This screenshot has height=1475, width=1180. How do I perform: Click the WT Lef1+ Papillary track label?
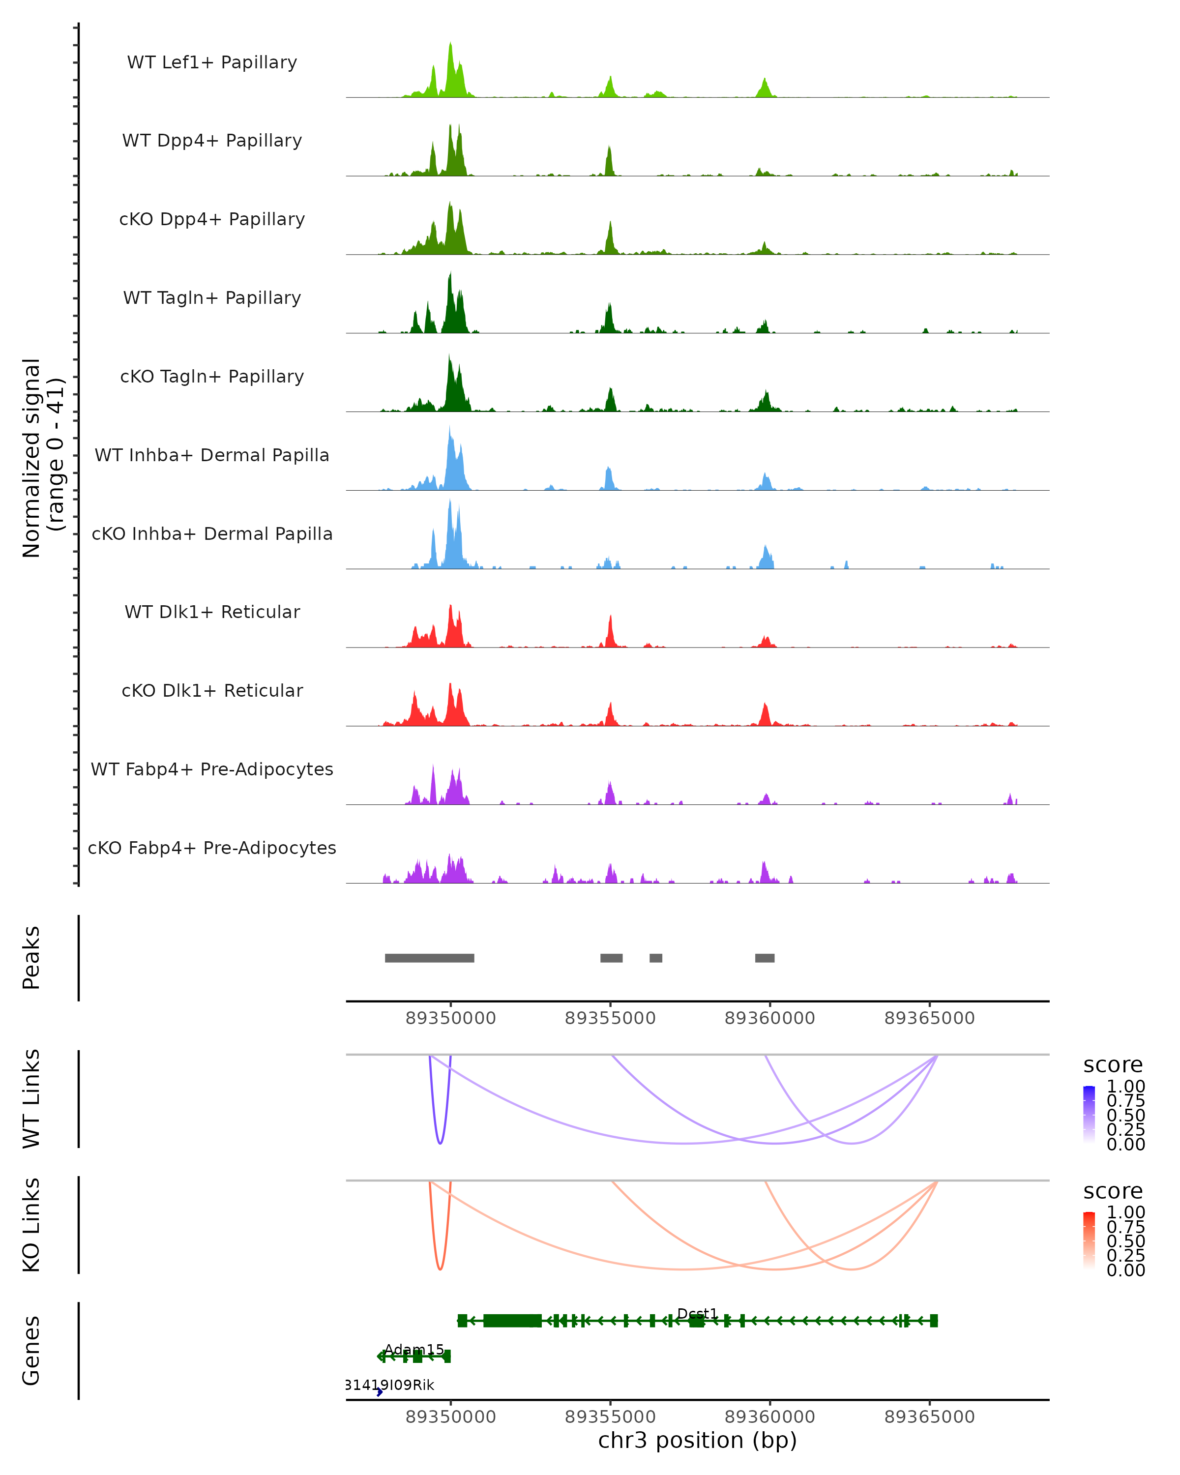point(212,62)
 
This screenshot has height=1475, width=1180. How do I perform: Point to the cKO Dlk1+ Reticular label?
point(212,690)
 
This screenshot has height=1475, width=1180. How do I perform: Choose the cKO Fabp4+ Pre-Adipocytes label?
point(212,848)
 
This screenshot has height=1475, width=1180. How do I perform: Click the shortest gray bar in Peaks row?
point(655,958)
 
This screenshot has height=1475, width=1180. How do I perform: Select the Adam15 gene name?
point(414,1349)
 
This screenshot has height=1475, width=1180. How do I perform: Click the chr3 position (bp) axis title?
point(697,1440)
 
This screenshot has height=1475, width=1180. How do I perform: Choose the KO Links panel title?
point(31,1225)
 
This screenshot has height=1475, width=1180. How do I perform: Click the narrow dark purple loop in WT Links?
point(440,1141)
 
